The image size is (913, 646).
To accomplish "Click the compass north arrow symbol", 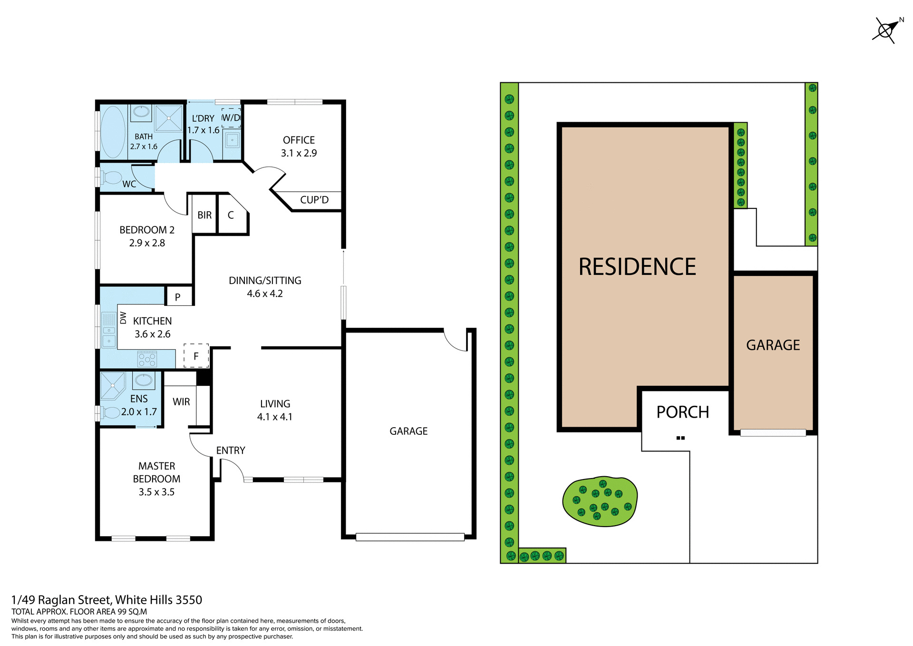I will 886,30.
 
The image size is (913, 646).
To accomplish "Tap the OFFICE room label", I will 299,140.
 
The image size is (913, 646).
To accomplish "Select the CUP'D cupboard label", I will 314,200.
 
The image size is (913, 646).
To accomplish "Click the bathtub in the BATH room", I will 113,132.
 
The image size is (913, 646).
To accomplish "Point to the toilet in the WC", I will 111,177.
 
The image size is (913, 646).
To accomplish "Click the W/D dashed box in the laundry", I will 231,117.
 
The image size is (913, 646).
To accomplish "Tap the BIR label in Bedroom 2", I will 204,215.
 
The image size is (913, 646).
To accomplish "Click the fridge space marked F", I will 196,356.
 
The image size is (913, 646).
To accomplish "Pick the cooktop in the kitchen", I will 147,359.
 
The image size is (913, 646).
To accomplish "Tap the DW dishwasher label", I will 123,317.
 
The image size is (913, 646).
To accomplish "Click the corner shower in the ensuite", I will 112,385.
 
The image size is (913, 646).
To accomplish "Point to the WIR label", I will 181,402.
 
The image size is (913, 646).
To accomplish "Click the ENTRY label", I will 231,450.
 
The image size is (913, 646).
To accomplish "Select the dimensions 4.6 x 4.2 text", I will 265,294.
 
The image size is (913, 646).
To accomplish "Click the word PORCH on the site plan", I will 682,412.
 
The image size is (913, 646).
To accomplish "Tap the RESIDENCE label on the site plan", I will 637,267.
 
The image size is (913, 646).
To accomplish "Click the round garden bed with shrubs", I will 600,502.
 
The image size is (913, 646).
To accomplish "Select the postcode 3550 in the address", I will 189,600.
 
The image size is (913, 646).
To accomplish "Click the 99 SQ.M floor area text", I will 132,612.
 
